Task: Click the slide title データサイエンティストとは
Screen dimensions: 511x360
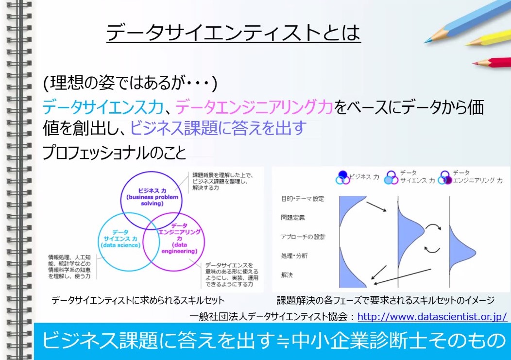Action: click(x=233, y=33)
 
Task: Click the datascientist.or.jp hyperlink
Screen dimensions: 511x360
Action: click(x=432, y=317)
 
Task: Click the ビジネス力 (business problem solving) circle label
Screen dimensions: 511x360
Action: click(x=152, y=197)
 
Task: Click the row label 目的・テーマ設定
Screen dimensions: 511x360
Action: click(x=303, y=199)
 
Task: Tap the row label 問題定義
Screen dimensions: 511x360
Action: click(x=292, y=218)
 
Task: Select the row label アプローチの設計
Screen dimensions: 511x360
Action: click(x=303, y=237)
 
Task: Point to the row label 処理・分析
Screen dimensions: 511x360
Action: click(x=294, y=256)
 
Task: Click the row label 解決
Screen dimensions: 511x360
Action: click(x=287, y=275)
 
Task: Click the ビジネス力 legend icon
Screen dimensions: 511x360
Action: click(x=342, y=177)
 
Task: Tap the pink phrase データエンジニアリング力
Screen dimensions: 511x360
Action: click(x=254, y=107)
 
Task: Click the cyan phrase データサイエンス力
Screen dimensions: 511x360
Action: click(x=102, y=107)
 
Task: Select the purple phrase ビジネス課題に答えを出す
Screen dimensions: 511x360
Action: click(x=218, y=127)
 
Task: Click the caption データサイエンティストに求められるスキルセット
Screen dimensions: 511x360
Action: click(x=138, y=300)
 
